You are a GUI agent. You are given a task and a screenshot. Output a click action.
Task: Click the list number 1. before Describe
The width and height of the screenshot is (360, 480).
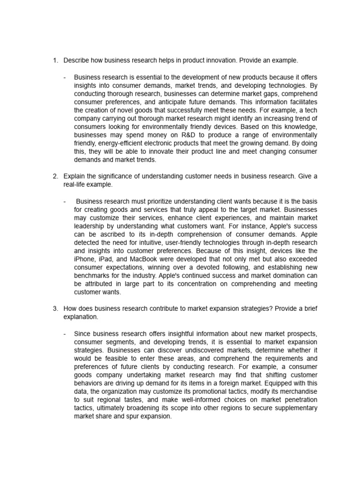(55, 60)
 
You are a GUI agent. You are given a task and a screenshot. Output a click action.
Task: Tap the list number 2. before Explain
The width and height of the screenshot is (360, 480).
(55, 176)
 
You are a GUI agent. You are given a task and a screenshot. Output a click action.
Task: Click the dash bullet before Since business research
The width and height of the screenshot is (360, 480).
(65, 333)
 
